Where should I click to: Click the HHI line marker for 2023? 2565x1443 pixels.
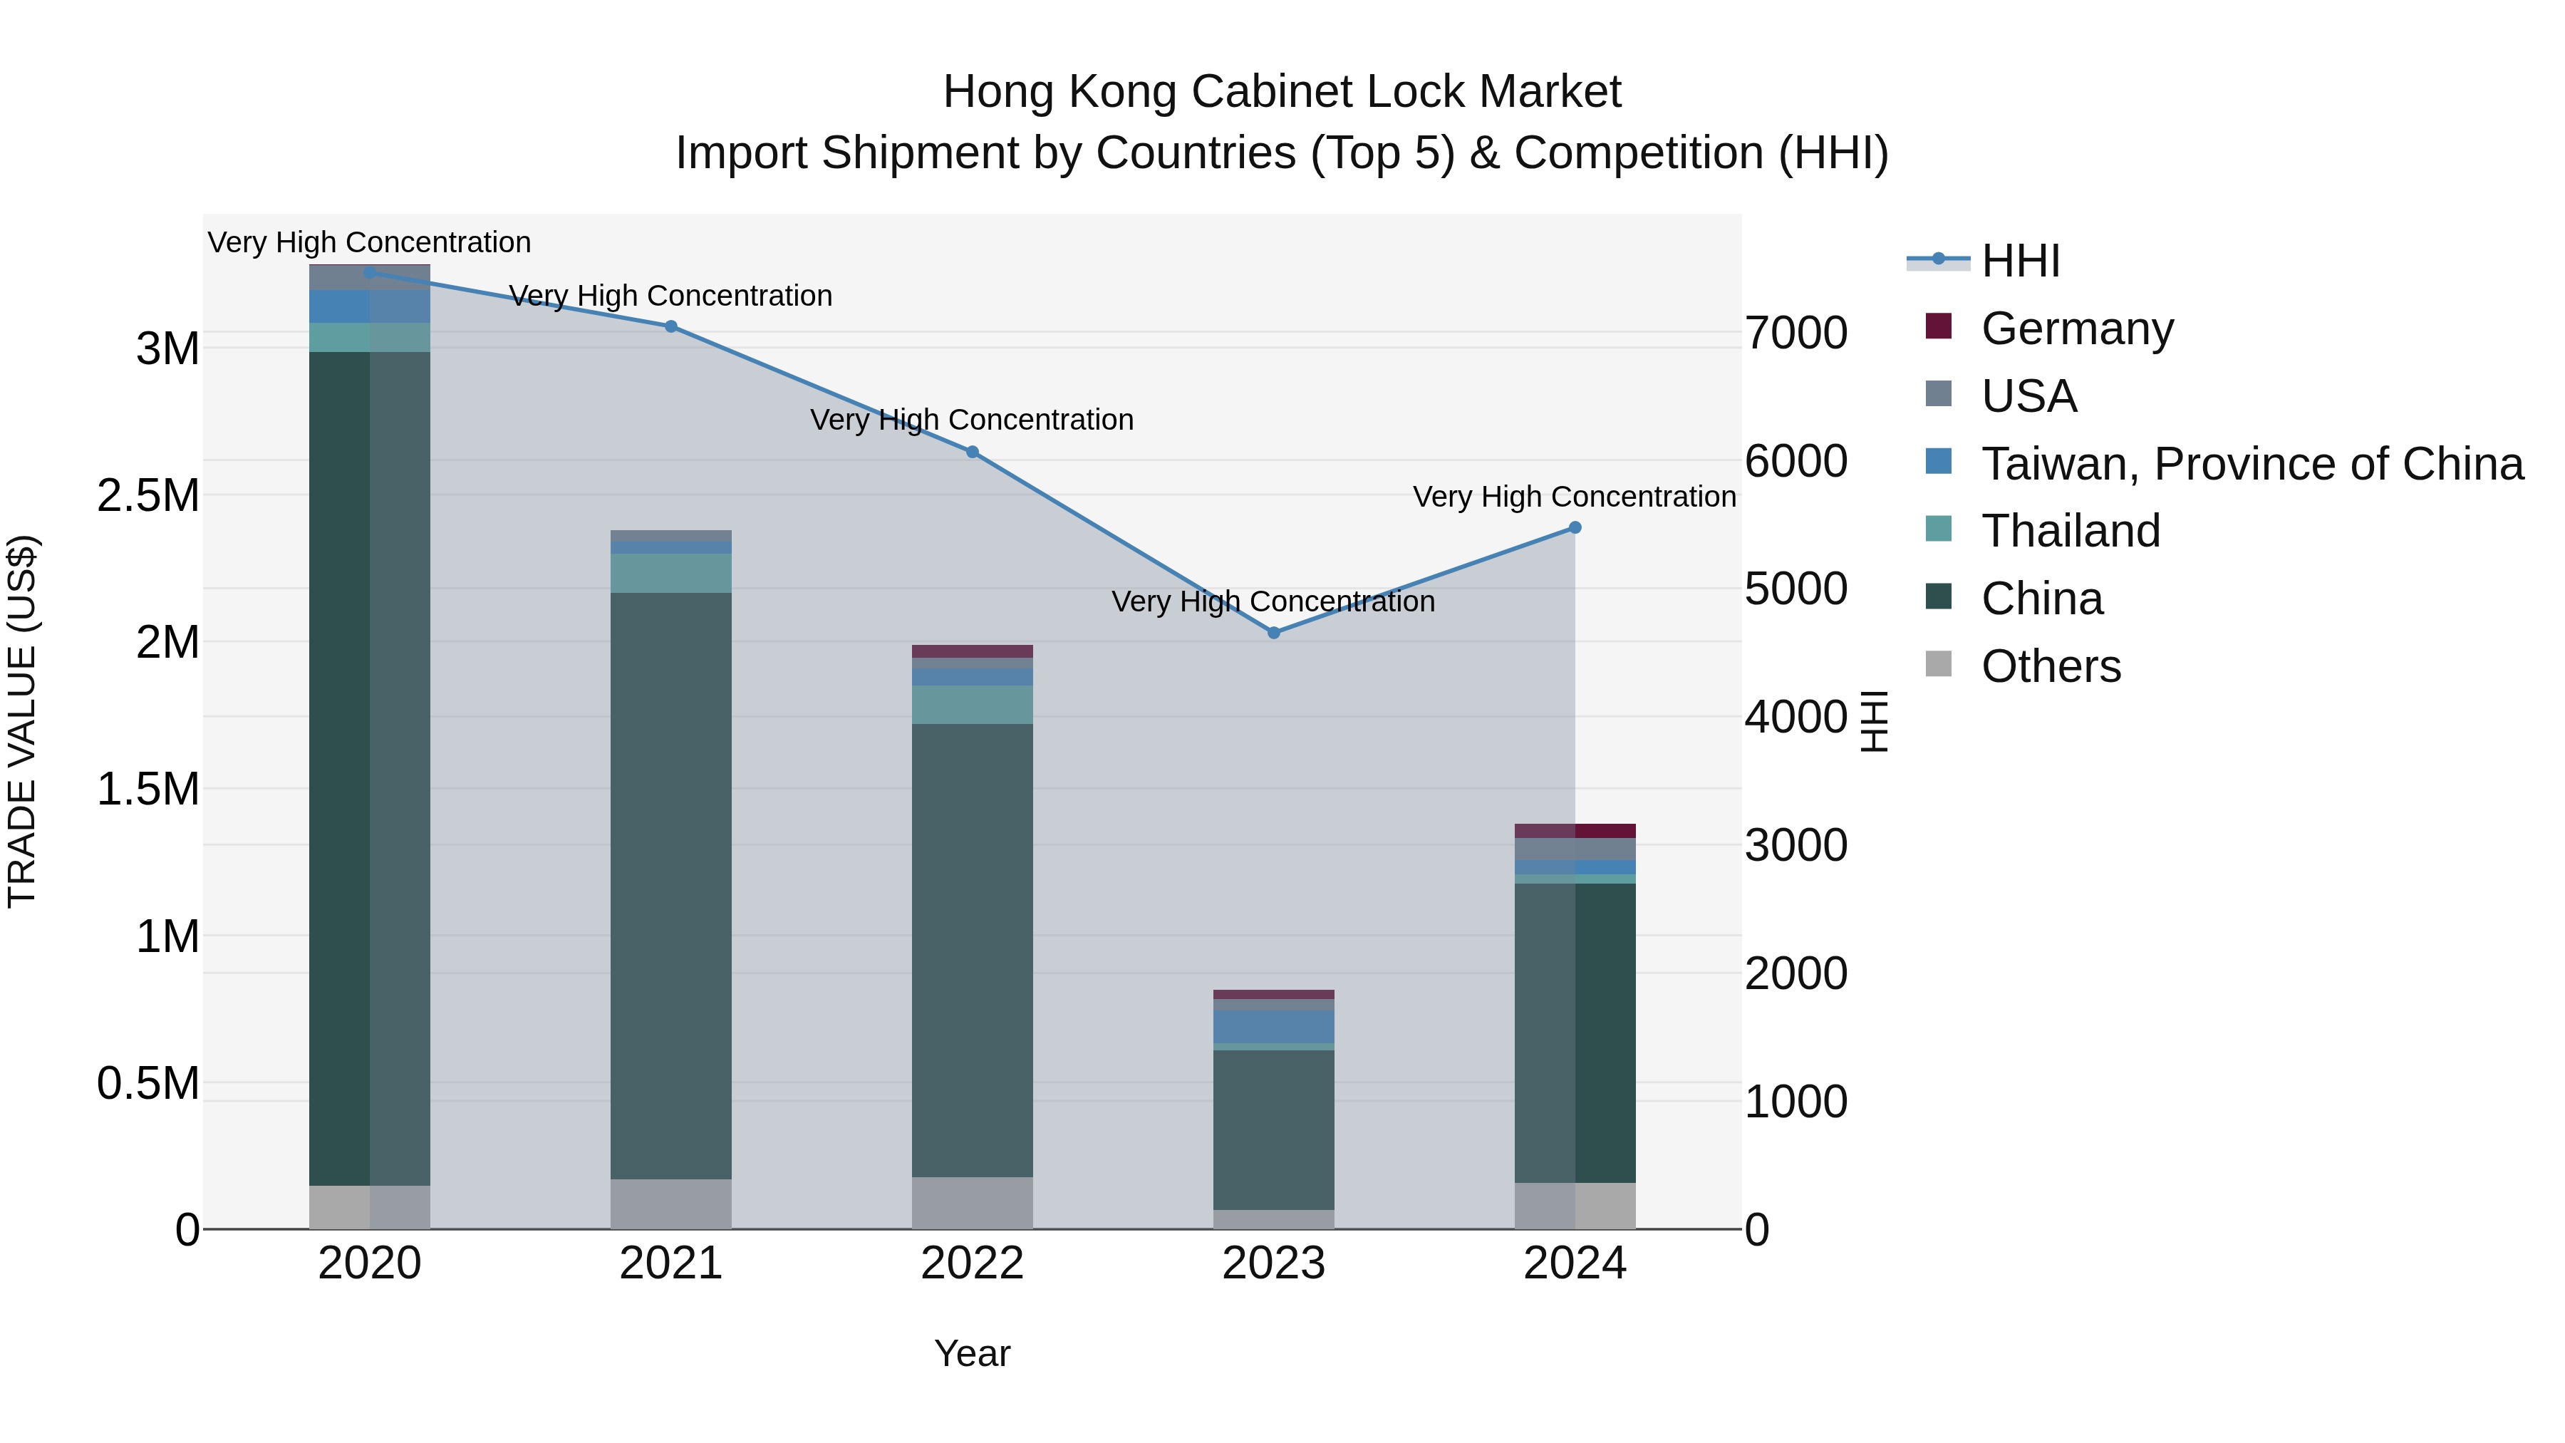tap(1273, 632)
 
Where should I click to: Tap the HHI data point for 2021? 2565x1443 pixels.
tap(671, 326)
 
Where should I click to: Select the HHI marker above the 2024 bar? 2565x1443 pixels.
tap(1574, 528)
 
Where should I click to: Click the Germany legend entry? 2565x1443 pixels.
tap(2076, 329)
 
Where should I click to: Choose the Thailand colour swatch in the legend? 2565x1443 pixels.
tap(1939, 529)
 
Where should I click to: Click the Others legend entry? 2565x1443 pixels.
tap(2050, 666)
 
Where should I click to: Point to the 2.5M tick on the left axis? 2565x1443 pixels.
tap(148, 496)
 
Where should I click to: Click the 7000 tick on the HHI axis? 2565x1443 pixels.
tap(1796, 333)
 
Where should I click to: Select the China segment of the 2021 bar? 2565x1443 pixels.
tap(671, 886)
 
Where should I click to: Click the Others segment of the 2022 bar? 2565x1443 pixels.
tap(972, 1203)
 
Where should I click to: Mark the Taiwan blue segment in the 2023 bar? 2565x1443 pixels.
tap(1273, 1027)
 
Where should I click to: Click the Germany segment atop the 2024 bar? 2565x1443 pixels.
tap(1574, 831)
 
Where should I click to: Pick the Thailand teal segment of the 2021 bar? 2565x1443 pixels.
tap(671, 574)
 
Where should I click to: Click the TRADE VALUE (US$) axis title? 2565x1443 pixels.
tap(22, 721)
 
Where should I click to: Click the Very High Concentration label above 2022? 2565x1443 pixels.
tap(972, 420)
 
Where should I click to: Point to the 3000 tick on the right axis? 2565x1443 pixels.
tap(1796, 845)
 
